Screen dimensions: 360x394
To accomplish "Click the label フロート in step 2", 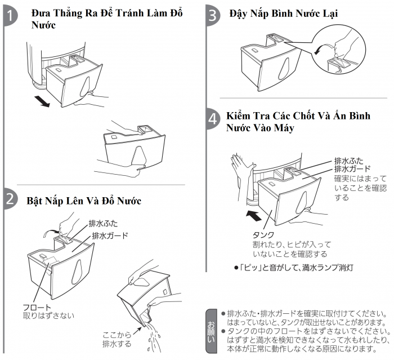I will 36,306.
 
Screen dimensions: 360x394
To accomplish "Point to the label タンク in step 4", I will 263,234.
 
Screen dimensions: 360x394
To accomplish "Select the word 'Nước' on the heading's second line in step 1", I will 44,26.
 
